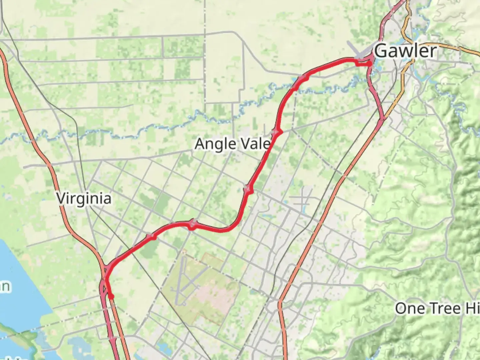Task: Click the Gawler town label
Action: pyautogui.click(x=405, y=51)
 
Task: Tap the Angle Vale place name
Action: pyautogui.click(x=232, y=144)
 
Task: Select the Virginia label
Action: pyautogui.click(x=84, y=199)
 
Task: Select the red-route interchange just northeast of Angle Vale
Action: pyautogui.click(x=277, y=132)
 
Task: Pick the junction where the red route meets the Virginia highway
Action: pyautogui.click(x=107, y=270)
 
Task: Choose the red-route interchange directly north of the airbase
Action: pyautogui.click(x=192, y=224)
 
